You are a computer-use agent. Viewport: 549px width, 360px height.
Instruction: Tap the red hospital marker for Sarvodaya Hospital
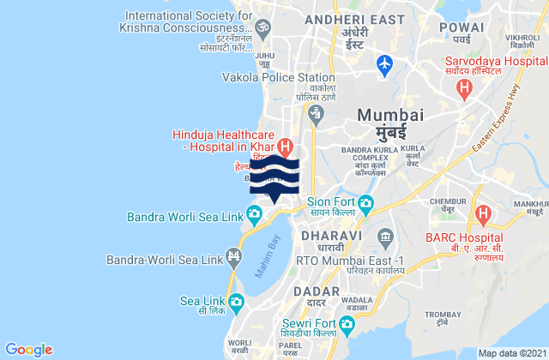(x=464, y=87)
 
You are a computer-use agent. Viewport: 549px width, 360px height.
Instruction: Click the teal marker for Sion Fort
(x=365, y=203)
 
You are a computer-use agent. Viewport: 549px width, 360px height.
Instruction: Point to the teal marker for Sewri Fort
(x=347, y=324)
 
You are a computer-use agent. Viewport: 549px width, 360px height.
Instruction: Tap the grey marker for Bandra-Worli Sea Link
(x=232, y=256)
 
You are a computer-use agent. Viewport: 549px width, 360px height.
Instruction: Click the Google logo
(x=29, y=349)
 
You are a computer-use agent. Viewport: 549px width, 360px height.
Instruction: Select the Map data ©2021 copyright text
(x=510, y=352)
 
